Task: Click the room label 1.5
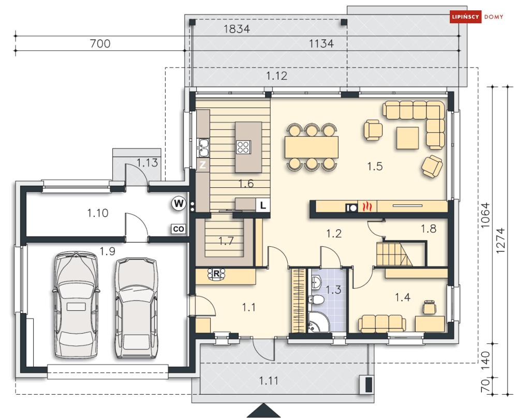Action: (374, 166)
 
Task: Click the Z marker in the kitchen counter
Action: (203, 166)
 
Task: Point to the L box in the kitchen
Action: (263, 205)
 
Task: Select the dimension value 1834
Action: (237, 29)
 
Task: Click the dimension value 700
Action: (100, 44)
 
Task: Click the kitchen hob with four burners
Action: (243, 147)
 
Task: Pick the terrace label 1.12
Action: (276, 77)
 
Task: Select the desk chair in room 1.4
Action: (429, 307)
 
